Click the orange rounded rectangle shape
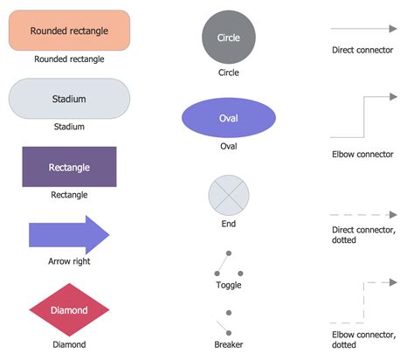[x=69, y=31]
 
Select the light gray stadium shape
[x=69, y=99]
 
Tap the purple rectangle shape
[x=69, y=166]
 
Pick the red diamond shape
[x=69, y=310]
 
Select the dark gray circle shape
[x=228, y=38]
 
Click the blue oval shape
[x=228, y=118]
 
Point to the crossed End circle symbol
[x=228, y=195]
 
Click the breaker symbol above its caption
[x=228, y=322]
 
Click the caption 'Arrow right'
[x=69, y=261]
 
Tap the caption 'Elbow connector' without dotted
[x=362, y=155]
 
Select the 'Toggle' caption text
[x=228, y=285]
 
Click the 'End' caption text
[x=228, y=223]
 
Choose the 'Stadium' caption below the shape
[x=69, y=127]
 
